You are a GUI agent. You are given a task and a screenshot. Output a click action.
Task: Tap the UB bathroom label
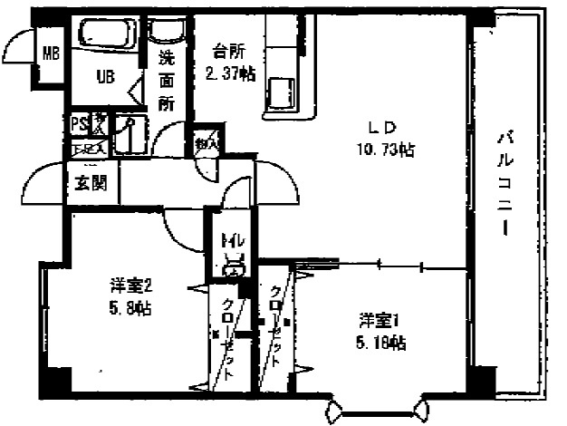[106, 76]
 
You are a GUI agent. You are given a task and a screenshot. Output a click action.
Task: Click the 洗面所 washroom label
[167, 81]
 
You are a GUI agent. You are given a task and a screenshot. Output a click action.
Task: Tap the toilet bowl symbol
[233, 265]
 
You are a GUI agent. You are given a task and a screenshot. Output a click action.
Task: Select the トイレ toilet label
[229, 242]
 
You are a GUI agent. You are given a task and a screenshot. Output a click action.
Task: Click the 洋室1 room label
[378, 320]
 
